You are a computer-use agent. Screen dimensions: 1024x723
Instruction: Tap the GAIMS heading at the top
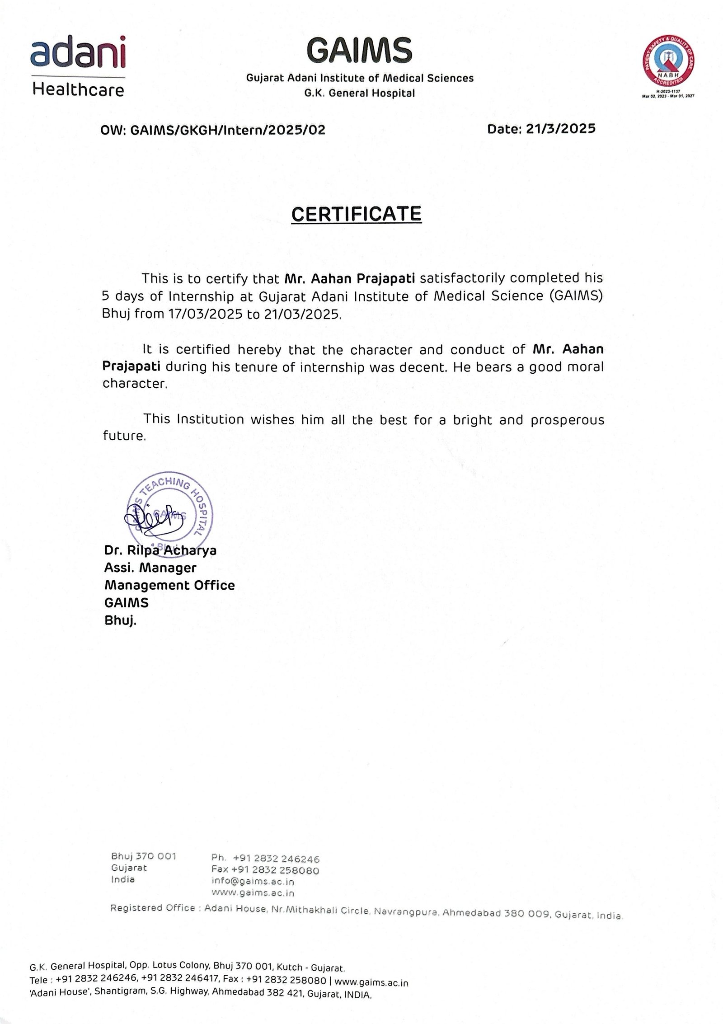coord(360,49)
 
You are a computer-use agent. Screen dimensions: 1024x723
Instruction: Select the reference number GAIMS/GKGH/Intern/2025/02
coord(227,131)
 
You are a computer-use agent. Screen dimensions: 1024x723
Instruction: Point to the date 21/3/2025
coord(560,129)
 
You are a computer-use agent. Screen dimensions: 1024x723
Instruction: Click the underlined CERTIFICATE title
coord(356,214)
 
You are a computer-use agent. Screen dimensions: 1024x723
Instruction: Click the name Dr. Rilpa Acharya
coord(160,550)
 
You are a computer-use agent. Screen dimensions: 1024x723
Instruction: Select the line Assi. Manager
coord(150,568)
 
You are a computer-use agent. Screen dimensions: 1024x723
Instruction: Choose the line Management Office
coord(169,585)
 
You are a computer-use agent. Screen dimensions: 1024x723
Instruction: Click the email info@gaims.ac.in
coord(253,881)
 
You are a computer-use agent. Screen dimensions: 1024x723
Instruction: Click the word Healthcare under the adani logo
coord(78,90)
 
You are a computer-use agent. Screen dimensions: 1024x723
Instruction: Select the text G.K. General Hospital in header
coord(359,94)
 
